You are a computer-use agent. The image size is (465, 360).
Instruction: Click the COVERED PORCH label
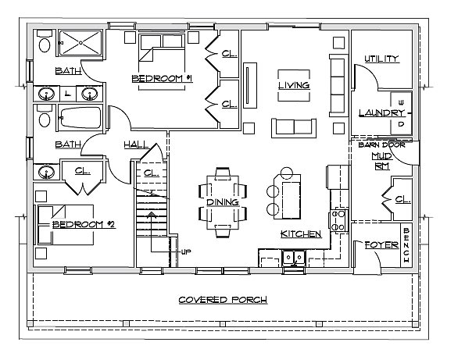(223, 300)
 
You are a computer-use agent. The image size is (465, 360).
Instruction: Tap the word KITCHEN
(301, 233)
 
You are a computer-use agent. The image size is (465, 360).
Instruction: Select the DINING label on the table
(223, 202)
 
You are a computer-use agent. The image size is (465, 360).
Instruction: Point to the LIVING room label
(294, 85)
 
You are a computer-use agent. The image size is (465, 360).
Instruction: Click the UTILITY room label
(381, 59)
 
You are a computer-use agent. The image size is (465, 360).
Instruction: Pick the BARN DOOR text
(381, 145)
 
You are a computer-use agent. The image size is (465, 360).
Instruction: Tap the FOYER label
(381, 245)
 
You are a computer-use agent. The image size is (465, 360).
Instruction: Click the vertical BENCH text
(406, 245)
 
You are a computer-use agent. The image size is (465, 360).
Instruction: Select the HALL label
(136, 144)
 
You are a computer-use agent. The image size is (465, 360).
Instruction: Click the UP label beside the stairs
(186, 252)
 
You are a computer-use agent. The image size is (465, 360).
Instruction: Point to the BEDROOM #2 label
(84, 224)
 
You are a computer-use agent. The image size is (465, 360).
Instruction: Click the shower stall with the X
(80, 43)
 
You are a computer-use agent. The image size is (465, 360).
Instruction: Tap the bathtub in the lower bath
(80, 118)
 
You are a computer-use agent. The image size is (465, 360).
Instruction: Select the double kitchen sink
(294, 257)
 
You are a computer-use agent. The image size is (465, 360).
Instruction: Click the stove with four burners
(338, 220)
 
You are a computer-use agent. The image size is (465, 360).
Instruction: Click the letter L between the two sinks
(68, 94)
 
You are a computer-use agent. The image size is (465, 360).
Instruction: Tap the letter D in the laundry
(401, 124)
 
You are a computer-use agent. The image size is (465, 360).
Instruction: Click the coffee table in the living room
(294, 85)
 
